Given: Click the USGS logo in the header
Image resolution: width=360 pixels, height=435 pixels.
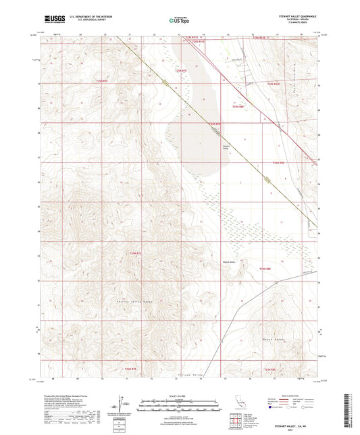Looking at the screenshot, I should tap(53, 19).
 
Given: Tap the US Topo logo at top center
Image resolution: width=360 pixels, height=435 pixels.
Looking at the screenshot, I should tap(180, 20).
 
